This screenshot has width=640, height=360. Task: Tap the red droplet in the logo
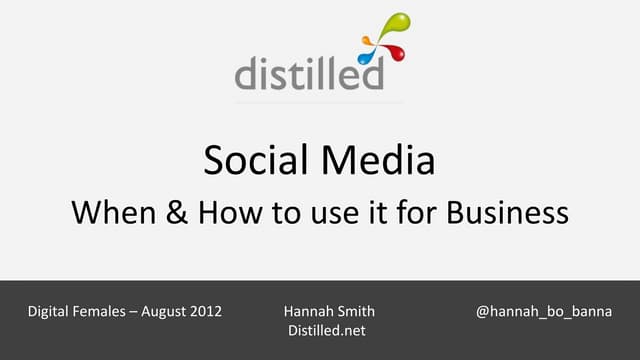coord(400,52)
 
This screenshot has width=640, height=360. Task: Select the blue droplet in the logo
coord(367,45)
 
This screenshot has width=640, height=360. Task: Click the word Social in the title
coord(254,160)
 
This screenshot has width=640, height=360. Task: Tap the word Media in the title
coord(382,160)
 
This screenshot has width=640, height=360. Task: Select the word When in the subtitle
coord(110,212)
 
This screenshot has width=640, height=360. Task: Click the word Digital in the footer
coord(51,311)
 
